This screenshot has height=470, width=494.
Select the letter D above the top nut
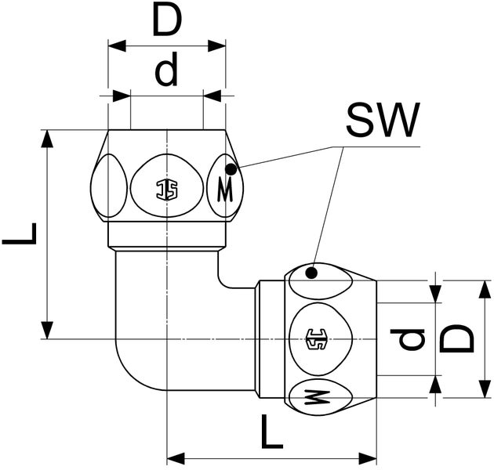click(x=167, y=22)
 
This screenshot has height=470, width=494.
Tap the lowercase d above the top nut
click(x=166, y=72)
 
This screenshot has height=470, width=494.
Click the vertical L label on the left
click(x=20, y=233)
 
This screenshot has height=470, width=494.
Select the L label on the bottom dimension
click(x=271, y=432)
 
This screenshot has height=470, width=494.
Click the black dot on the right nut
click(x=312, y=273)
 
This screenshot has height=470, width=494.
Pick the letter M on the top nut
click(x=225, y=189)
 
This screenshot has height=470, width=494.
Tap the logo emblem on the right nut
click(x=318, y=339)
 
